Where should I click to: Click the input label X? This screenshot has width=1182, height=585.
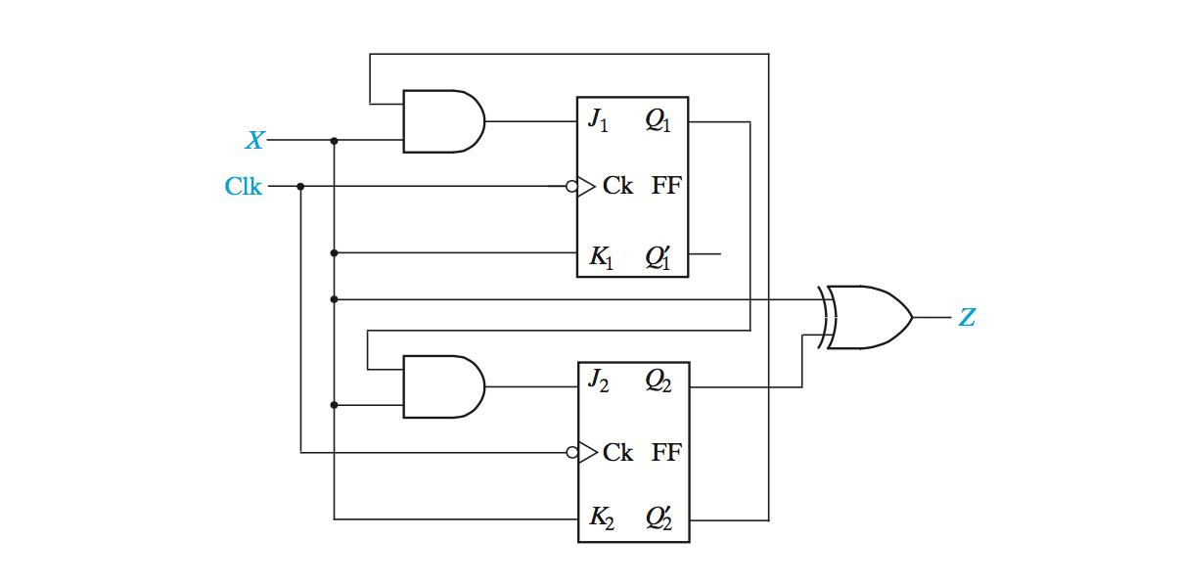[x=254, y=141]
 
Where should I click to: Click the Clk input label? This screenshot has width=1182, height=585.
[x=244, y=186]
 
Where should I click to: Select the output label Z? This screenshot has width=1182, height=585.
[x=967, y=318]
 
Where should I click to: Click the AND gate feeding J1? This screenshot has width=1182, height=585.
[x=443, y=121]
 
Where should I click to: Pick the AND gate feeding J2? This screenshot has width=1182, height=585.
[x=443, y=386]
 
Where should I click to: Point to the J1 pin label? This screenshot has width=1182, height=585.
[x=598, y=121]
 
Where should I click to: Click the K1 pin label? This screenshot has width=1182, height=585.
[x=600, y=258]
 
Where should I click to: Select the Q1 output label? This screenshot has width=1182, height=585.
[x=658, y=121]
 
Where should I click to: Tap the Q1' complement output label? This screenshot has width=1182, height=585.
[x=658, y=257]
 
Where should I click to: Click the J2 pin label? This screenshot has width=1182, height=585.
[x=598, y=382]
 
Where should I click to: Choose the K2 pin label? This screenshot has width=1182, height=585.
[x=600, y=518]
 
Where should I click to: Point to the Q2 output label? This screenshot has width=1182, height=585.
[x=658, y=383]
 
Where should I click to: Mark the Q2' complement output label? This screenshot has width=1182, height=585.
[x=658, y=518]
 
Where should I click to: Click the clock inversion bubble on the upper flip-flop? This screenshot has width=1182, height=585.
[x=571, y=186]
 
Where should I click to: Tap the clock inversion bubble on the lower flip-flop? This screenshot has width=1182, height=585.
[x=571, y=452]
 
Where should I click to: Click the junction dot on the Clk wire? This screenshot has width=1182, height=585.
[x=300, y=186]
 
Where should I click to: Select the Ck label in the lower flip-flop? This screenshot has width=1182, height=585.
[x=617, y=452]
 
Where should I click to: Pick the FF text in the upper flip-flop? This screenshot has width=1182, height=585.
[x=666, y=186]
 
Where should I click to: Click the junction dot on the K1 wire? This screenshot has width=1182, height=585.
[x=335, y=253]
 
